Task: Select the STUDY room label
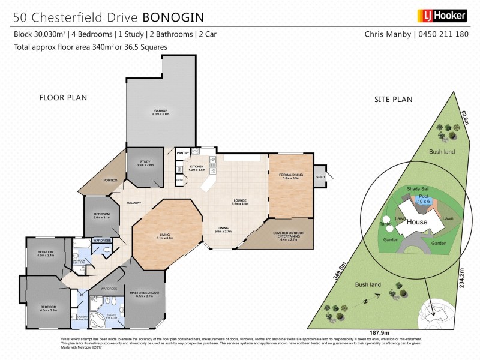point(146,163)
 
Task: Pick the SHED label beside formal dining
point(320,177)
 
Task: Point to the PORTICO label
point(110,180)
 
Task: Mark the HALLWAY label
point(134,203)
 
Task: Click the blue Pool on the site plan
point(424,199)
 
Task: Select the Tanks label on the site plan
point(385,224)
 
